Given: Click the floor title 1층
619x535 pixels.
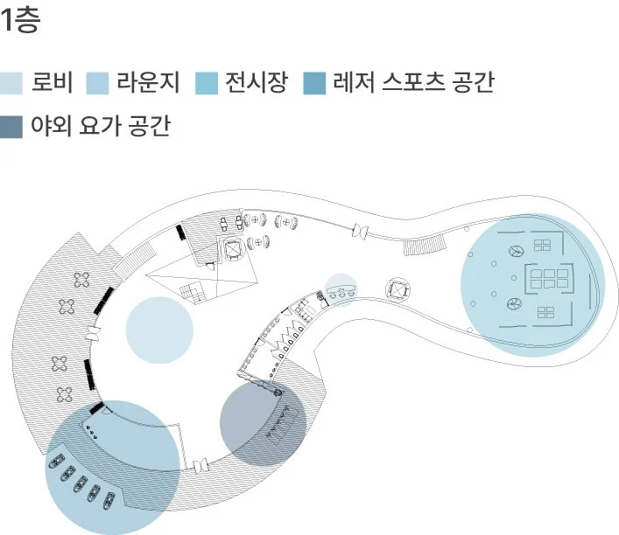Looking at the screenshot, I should click(x=21, y=21).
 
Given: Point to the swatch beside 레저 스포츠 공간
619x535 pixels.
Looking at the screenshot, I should click(x=313, y=84).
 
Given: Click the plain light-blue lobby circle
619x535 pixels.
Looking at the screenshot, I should click(x=158, y=330).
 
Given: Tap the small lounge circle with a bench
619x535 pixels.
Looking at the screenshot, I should click(x=341, y=290).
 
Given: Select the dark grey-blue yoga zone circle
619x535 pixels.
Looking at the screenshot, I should click(x=263, y=421).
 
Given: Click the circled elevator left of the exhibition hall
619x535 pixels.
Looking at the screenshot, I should click(x=398, y=289).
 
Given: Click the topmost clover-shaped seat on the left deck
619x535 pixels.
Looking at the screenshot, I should click(x=82, y=280).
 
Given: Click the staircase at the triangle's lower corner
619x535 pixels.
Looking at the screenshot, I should click(x=190, y=291).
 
